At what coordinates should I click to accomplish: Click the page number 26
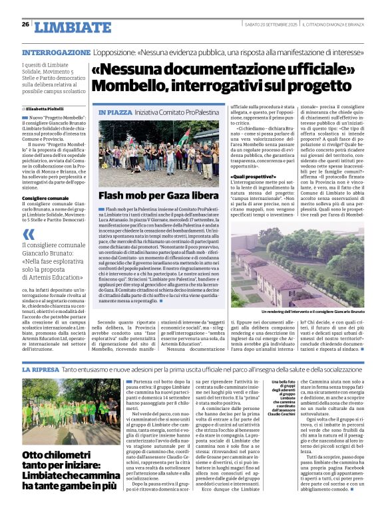(x=25, y=25)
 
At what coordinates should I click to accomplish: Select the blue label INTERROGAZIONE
(x=56, y=52)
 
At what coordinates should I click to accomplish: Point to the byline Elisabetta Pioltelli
(x=46, y=108)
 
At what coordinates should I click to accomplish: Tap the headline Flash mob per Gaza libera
(x=148, y=195)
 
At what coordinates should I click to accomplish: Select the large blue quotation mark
(x=29, y=234)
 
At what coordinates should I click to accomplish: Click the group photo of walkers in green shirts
(x=61, y=409)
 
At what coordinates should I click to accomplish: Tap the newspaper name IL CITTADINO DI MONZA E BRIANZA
(x=333, y=25)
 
